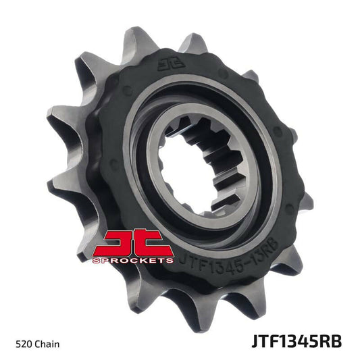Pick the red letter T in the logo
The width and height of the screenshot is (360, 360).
pyautogui.click(x=154, y=242)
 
